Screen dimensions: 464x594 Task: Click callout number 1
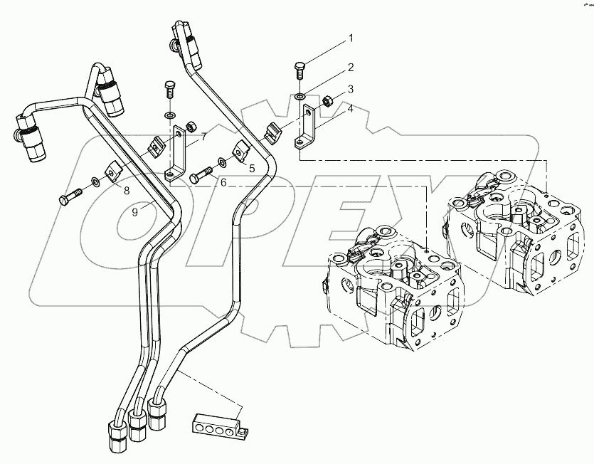pos(349,37)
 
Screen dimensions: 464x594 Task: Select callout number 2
pos(350,68)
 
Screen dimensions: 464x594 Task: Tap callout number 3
pos(350,90)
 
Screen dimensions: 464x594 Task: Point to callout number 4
pos(350,109)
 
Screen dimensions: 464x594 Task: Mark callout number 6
pos(223,183)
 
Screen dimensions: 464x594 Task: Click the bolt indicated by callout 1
pos(299,72)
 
